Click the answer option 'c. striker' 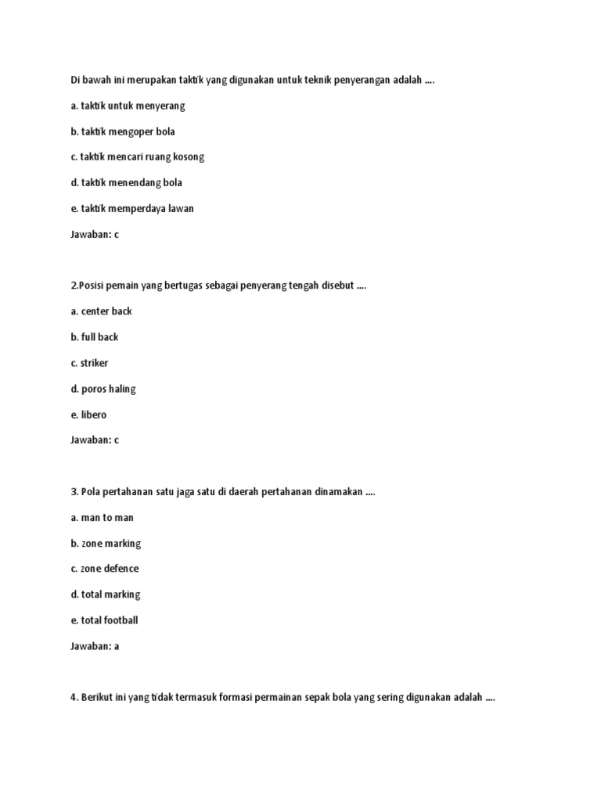(89, 363)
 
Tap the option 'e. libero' (88, 415)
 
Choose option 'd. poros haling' (103, 389)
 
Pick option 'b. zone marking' (106, 543)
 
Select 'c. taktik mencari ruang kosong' (137, 156)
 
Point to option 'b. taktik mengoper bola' (123, 131)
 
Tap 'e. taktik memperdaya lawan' (132, 208)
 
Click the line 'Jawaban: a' (95, 646)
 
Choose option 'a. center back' (101, 311)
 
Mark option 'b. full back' (95, 337)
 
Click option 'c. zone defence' (105, 569)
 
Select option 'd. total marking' (106, 594)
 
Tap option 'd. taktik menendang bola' (126, 182)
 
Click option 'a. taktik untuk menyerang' (128, 106)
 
